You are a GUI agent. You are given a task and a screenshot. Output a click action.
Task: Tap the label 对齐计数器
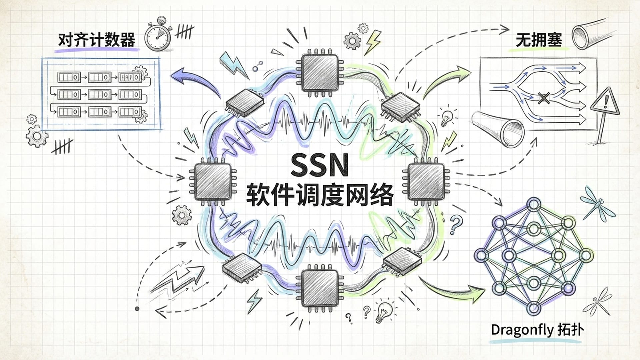[x=97, y=40]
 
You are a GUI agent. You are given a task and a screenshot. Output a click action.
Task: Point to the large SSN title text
[x=319, y=165]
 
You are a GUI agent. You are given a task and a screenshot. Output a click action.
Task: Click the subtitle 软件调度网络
[x=319, y=194]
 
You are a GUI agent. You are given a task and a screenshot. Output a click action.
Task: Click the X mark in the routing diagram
[x=544, y=98]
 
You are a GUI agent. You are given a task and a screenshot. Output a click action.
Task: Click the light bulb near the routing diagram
[x=447, y=116]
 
